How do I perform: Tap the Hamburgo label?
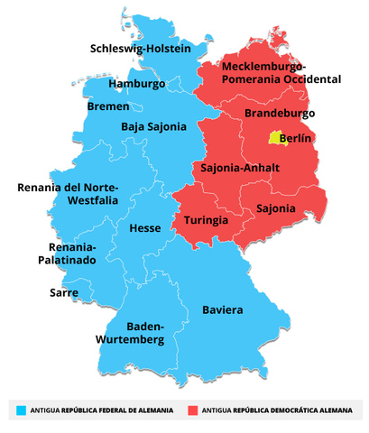pyautogui.click(x=136, y=84)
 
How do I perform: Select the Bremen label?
pyautogui.click(x=108, y=106)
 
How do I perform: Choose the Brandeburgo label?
pyautogui.click(x=280, y=114)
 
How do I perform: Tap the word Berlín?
pyautogui.click(x=296, y=139)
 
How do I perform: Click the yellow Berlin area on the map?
pyautogui.click(x=274, y=138)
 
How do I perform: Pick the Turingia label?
pyautogui.click(x=206, y=220)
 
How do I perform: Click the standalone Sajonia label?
pyautogui.click(x=275, y=208)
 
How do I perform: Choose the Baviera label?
pyautogui.click(x=222, y=310)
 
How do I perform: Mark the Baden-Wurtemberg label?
pyautogui.click(x=131, y=333)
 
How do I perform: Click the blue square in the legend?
pyautogui.click(x=21, y=410)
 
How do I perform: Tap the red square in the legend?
pyautogui.click(x=192, y=410)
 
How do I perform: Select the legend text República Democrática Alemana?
pyautogui.click(x=294, y=410)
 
